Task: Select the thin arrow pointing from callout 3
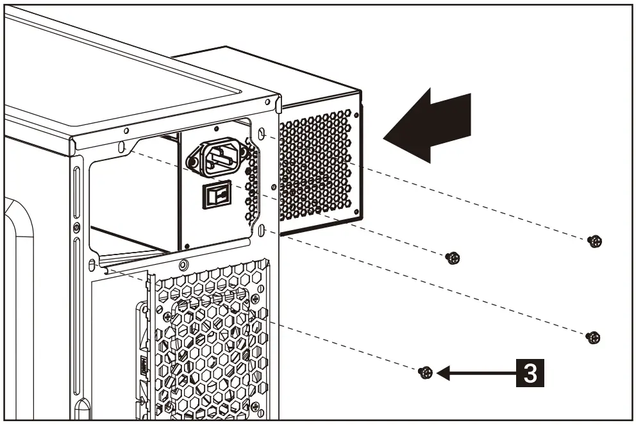474,372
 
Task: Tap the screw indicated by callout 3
424,372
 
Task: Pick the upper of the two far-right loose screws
595,241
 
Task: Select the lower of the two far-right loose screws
594,337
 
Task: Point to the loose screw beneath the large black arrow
453,258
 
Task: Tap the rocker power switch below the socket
213,194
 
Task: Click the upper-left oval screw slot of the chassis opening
121,147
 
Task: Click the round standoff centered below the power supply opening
184,263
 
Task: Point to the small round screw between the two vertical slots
76,228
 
